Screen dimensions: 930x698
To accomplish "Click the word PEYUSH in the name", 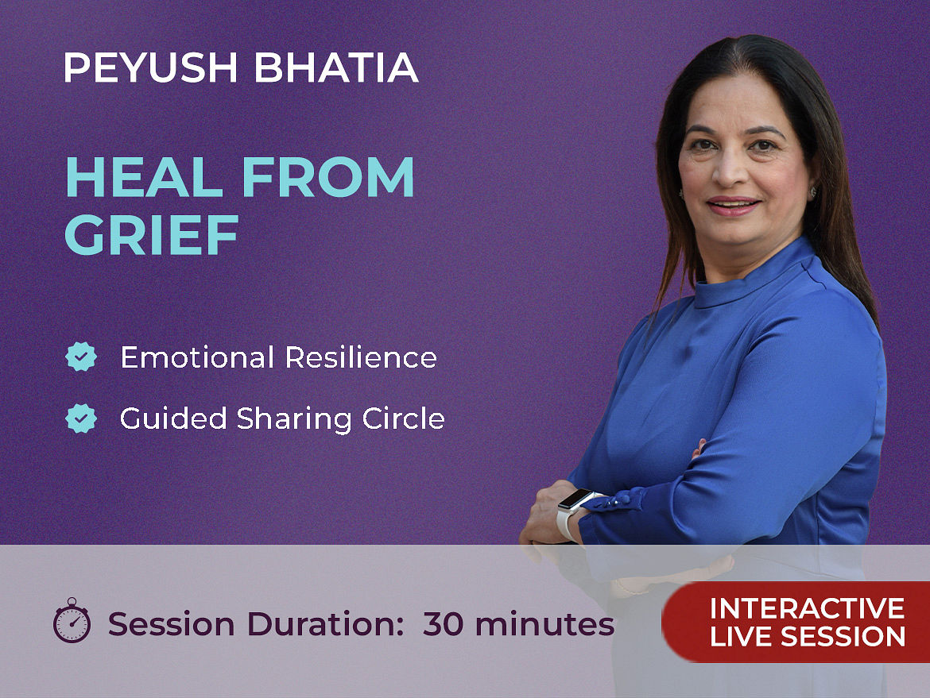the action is pos(151,67).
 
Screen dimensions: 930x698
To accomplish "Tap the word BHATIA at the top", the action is pos(336,67).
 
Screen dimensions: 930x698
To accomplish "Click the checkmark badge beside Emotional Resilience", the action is pos(81,357).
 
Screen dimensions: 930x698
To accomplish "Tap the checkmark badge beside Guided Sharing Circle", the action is pos(81,418).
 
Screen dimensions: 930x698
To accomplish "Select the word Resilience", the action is pos(361,357).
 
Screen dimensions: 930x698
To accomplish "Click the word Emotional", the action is pos(197,357).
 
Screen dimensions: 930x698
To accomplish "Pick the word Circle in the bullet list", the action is pos(403,418).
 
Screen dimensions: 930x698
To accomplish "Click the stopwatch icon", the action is pos(72,620).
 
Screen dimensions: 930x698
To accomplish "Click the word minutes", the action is pos(544,624).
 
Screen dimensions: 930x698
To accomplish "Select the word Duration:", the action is pos(326,624).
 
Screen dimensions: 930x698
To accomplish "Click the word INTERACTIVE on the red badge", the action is pos(808,608).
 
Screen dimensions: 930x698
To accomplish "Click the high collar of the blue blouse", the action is pos(754,276).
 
